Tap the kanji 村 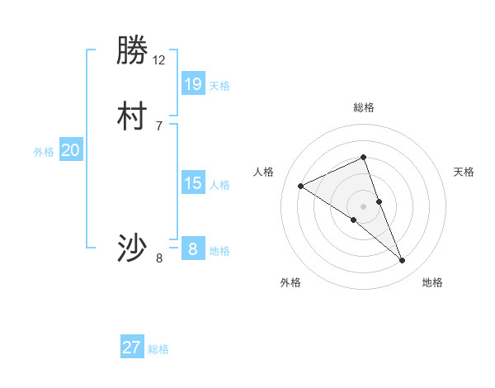tap(132, 117)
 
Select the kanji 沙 tap(132, 248)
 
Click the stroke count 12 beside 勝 tap(159, 60)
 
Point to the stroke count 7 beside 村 tap(159, 125)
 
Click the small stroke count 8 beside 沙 tap(159, 258)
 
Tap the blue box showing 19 tap(193, 84)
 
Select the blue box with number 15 tap(193, 183)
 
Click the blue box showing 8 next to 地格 tap(193, 249)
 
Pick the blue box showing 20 tap(71, 150)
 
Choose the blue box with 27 tap(132, 348)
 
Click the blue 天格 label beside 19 tap(219, 86)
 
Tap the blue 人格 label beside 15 tap(219, 185)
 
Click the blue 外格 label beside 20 tap(44, 152)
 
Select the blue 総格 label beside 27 tap(158, 349)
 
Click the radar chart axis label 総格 tap(364, 107)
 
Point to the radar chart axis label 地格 tap(432, 282)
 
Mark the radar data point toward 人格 tap(301, 186)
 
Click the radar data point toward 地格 tap(403, 260)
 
